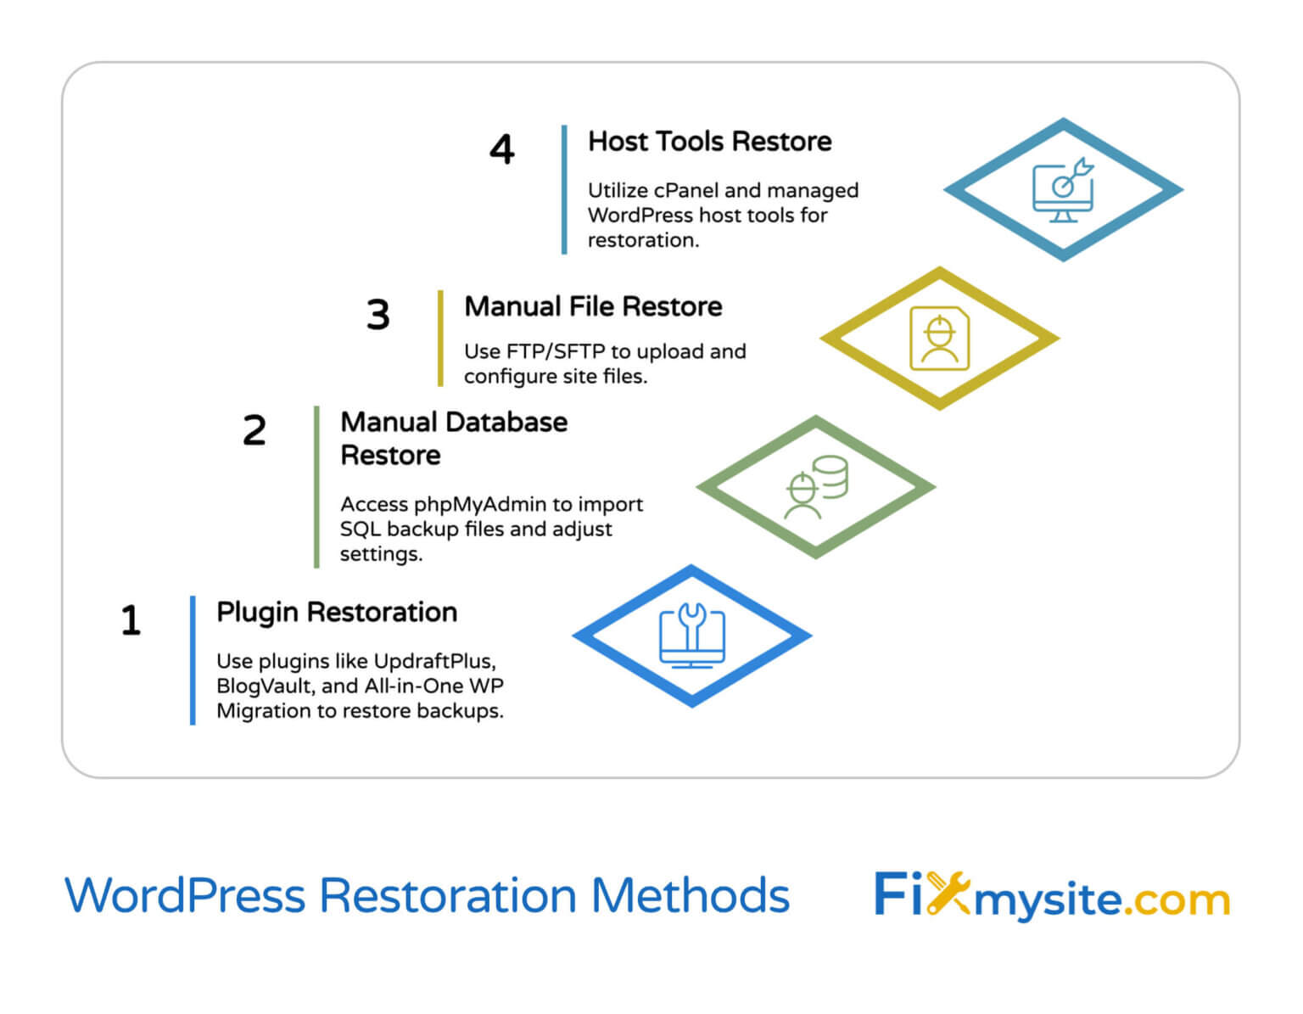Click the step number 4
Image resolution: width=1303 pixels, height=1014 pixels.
(501, 149)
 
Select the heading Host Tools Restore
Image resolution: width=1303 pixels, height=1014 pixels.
(709, 141)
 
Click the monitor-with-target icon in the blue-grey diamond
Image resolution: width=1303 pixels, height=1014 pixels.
(1063, 190)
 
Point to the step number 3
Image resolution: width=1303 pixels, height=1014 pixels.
(377, 315)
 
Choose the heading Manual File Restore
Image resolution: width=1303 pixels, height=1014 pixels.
(592, 306)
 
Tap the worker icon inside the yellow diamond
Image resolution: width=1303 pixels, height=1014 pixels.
(939, 339)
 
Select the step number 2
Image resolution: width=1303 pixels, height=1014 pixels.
(254, 430)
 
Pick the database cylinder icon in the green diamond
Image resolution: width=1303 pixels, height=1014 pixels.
(830, 475)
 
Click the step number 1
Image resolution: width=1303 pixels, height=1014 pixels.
(130, 620)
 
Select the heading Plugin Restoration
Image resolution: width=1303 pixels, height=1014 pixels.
(336, 612)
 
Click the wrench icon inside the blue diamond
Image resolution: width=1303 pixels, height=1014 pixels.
(692, 628)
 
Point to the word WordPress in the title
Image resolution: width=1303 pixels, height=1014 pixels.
(184, 895)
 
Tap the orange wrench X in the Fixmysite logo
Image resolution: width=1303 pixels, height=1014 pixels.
(947, 893)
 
